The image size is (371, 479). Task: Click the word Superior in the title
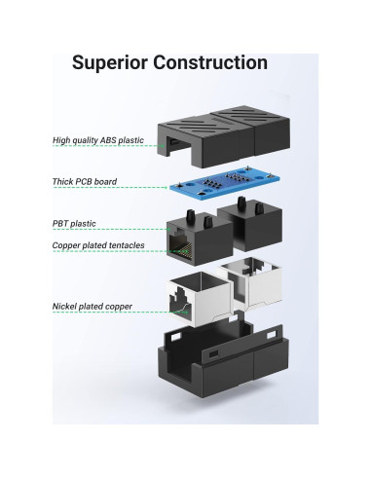click(x=114, y=63)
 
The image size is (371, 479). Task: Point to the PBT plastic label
click(x=73, y=223)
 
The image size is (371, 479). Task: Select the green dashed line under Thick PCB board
click(x=107, y=189)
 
